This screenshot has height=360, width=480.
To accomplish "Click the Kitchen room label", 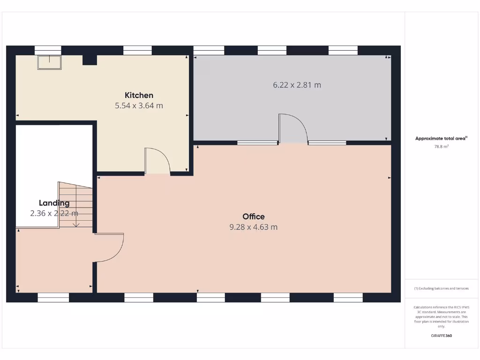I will pos(139,95).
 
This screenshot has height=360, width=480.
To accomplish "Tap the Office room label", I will pos(254,217).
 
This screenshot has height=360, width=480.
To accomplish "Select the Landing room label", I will pos(54,203).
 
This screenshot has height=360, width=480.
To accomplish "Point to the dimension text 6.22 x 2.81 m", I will pos(297,85).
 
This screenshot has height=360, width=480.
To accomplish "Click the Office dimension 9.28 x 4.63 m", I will pos(254,227).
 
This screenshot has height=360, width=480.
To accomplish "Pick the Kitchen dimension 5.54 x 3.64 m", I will pos(139,106).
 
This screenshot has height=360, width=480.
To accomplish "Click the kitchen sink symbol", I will pos(50,62).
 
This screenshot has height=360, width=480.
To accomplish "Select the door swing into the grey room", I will pos(293,127).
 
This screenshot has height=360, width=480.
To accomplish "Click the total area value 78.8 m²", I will pos(441,147).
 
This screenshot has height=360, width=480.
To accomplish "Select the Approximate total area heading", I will pos(441,138).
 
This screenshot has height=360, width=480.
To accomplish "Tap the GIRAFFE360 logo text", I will pos(441,336).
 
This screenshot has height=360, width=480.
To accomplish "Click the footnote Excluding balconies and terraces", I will pos(441,288).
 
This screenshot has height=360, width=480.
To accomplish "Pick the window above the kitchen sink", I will pos(48,50).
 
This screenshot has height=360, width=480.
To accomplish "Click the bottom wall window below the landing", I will pos(53,297).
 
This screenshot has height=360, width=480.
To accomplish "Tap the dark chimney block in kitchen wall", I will pos(89,60).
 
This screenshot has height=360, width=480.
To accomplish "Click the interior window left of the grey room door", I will pos(257,142).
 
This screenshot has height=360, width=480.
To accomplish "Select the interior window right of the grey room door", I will pos(327,142).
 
